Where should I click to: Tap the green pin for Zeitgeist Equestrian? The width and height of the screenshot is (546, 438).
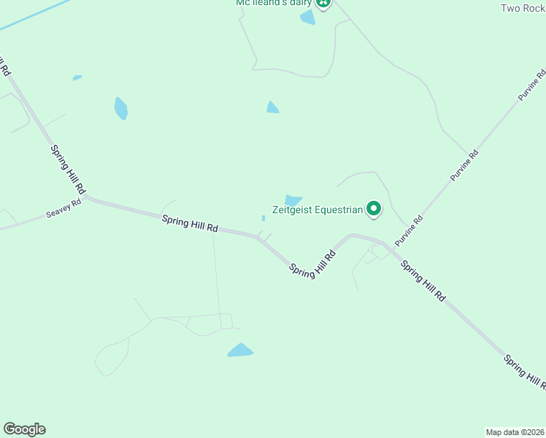374,210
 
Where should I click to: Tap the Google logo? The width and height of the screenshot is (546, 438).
24,429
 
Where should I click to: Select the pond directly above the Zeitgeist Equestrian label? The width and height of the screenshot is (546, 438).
293,201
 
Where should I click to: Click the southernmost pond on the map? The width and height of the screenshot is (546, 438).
240,350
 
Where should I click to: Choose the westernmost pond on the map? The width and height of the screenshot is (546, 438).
77,77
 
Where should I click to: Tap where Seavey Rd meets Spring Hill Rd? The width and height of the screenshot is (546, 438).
85,197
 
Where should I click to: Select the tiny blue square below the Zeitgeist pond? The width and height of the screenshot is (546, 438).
264,218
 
